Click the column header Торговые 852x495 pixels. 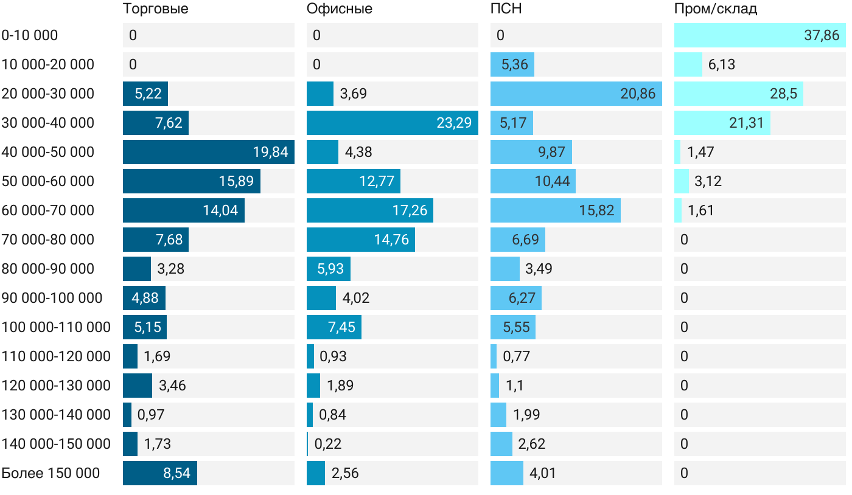click(x=155, y=9)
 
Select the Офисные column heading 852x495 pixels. click(x=339, y=9)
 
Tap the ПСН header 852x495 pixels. click(x=506, y=9)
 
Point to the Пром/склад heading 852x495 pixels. click(x=715, y=9)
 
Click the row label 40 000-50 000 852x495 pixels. click(x=48, y=152)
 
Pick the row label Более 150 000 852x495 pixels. click(x=51, y=473)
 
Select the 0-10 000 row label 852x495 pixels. click(x=30, y=35)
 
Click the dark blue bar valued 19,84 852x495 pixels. click(x=208, y=152)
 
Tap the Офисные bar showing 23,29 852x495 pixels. click(x=392, y=123)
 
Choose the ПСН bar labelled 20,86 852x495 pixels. click(x=576, y=94)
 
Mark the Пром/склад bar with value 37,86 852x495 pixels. click(x=759, y=35)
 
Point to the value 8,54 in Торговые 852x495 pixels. click(x=176, y=473)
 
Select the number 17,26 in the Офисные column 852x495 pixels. click(x=410, y=210)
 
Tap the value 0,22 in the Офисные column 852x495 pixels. click(x=328, y=444)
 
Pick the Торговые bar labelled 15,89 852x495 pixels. click(x=191, y=181)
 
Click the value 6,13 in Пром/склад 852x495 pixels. click(x=721, y=64)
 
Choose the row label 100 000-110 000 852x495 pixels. click(x=56, y=327)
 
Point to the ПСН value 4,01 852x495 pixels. click(x=543, y=473)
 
